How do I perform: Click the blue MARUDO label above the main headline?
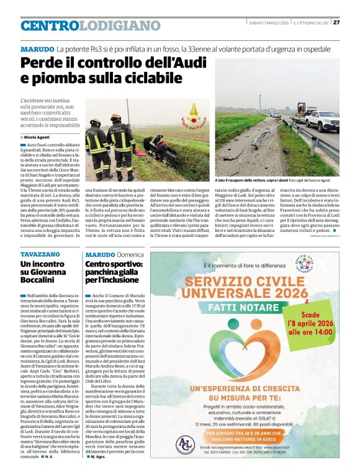point(37,49)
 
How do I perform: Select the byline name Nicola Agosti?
point(38,136)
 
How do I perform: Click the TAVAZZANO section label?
point(40,254)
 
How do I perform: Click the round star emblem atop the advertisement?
point(321,265)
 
